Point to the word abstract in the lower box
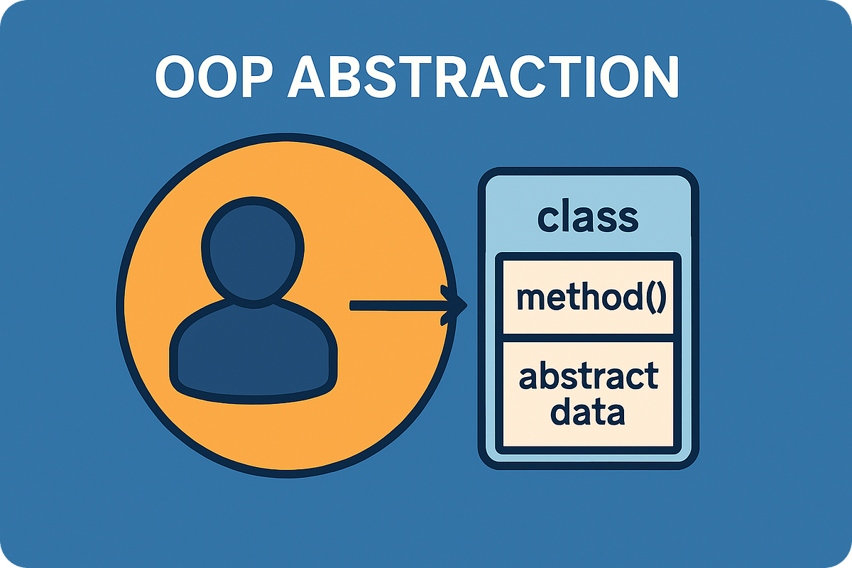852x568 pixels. point(589,377)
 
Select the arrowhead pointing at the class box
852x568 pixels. point(455,305)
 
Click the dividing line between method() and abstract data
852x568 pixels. point(588,337)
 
